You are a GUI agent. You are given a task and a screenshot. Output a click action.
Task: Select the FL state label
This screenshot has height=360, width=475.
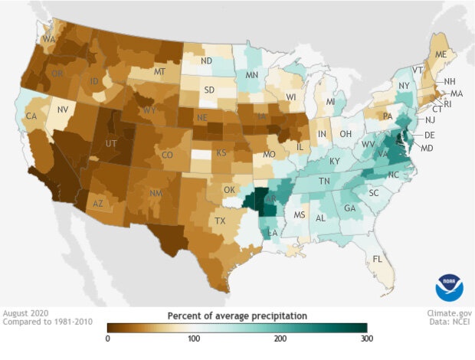(x=377, y=260)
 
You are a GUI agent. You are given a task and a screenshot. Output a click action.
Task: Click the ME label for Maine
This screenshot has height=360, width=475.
(x=441, y=55)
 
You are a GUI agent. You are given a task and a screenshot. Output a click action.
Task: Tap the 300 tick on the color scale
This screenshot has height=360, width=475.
(x=366, y=338)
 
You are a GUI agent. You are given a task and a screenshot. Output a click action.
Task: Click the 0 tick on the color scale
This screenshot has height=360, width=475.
(x=108, y=338)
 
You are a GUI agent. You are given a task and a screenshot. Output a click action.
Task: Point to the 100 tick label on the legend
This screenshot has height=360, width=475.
(x=194, y=338)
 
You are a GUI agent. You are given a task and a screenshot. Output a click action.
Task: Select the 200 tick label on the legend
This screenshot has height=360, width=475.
(x=280, y=338)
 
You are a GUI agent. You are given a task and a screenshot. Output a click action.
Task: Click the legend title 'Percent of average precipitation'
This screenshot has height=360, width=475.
(x=237, y=315)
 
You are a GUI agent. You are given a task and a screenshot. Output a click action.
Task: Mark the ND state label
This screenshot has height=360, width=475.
(x=206, y=61)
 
